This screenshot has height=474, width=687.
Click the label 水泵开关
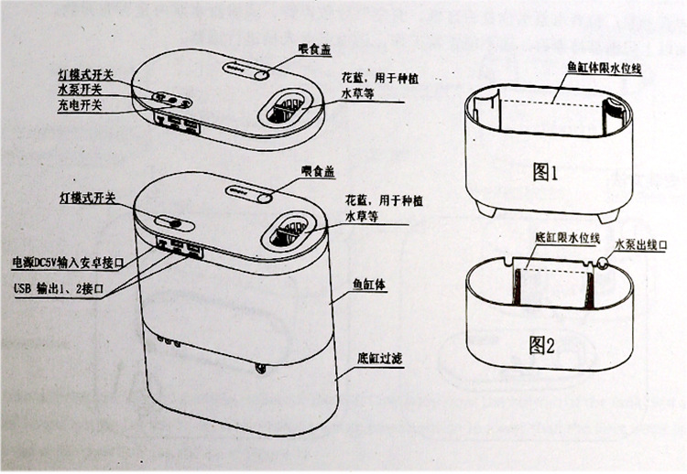[x=80, y=89]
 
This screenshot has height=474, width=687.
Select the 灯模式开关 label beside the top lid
[x=83, y=72]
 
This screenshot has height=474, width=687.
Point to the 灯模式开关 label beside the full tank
[x=83, y=197]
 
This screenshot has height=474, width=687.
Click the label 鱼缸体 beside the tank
[x=368, y=285]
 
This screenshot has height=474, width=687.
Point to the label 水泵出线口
[x=642, y=244]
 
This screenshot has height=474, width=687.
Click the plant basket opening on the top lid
[x=286, y=111]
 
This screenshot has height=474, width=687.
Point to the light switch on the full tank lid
[x=170, y=222]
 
